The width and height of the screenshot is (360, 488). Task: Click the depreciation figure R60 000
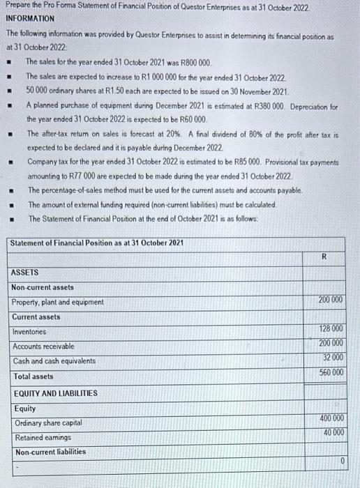(188, 120)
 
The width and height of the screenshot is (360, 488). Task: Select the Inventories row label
(30, 332)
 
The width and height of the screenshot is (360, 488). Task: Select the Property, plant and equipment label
(58, 302)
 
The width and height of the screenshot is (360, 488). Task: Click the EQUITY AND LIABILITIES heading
(55, 392)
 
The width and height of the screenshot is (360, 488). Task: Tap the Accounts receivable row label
(43, 346)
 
